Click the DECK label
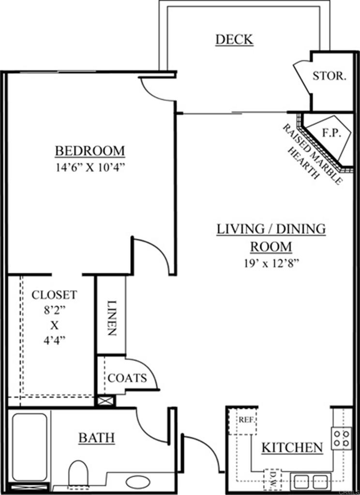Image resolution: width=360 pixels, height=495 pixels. tap(234, 39)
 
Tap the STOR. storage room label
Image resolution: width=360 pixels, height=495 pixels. tap(329, 76)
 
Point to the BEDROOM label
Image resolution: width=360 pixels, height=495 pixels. tap(90, 151)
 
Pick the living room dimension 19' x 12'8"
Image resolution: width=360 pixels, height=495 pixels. tap(270, 264)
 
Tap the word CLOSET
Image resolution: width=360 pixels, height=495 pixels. tap(54, 294)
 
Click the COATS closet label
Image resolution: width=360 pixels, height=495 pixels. tap(127, 378)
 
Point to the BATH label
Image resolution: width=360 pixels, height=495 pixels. tap(97, 438)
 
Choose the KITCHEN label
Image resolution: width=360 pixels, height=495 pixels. tap(292, 448)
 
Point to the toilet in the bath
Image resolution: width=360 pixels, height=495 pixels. tap(78, 473)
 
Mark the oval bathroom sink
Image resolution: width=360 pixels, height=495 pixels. tap(138, 482)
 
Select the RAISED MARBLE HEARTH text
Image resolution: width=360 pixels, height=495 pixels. tap(309, 153)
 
